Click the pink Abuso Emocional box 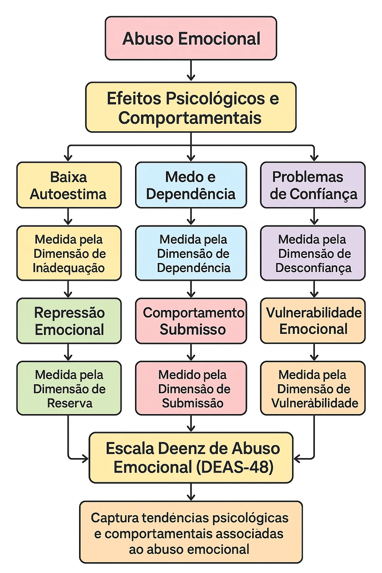tap(191, 38)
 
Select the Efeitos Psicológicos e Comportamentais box tap(191, 107)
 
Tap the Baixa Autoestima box tap(69, 185)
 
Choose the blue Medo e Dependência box tap(191, 185)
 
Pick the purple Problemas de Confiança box tap(313, 185)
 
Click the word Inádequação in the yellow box tap(69, 268)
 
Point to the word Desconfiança tap(313, 268)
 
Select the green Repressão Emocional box tap(69, 321)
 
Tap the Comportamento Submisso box tap(191, 321)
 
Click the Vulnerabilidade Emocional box tap(313, 321)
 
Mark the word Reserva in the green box tap(70, 403)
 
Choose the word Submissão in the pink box tap(192, 403)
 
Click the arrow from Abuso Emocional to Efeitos tap(191, 71)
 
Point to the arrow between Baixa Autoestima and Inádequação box tap(68, 217)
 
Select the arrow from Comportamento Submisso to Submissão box tap(191, 352)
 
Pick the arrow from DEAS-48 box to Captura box tap(191, 492)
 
